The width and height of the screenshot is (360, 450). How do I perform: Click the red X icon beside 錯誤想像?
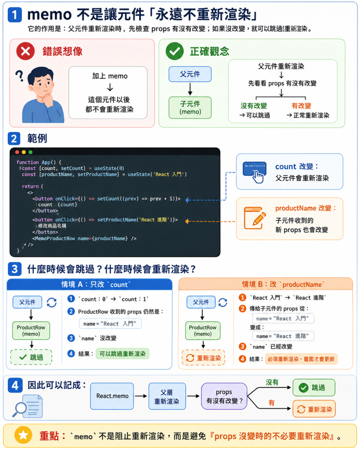(26, 51)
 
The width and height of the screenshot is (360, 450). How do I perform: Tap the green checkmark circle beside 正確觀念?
(174, 51)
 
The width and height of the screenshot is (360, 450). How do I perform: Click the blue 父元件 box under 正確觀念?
(190, 74)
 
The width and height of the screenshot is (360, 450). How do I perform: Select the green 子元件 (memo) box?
(190, 108)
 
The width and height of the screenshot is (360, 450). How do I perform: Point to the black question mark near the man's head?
(19, 76)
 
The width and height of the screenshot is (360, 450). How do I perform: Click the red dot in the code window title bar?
(17, 152)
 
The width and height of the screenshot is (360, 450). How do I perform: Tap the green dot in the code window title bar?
(31, 152)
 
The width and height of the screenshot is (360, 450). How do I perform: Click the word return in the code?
(30, 186)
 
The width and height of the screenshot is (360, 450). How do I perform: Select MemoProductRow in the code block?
(55, 238)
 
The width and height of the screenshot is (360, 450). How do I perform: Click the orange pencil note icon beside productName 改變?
(255, 218)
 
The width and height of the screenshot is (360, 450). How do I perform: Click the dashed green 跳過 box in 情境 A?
(31, 357)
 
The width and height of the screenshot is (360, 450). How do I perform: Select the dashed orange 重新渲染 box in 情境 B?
(203, 358)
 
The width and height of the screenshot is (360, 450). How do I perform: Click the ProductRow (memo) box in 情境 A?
(31, 330)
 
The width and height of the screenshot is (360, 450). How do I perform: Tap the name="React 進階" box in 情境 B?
(283, 336)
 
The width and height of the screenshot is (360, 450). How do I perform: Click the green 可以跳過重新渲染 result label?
(122, 354)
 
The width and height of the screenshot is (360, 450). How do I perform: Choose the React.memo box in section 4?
(112, 396)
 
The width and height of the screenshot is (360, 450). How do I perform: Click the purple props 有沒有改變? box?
(224, 396)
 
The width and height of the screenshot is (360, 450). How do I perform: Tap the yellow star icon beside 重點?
(23, 436)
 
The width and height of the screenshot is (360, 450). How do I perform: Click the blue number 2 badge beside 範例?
(14, 139)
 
